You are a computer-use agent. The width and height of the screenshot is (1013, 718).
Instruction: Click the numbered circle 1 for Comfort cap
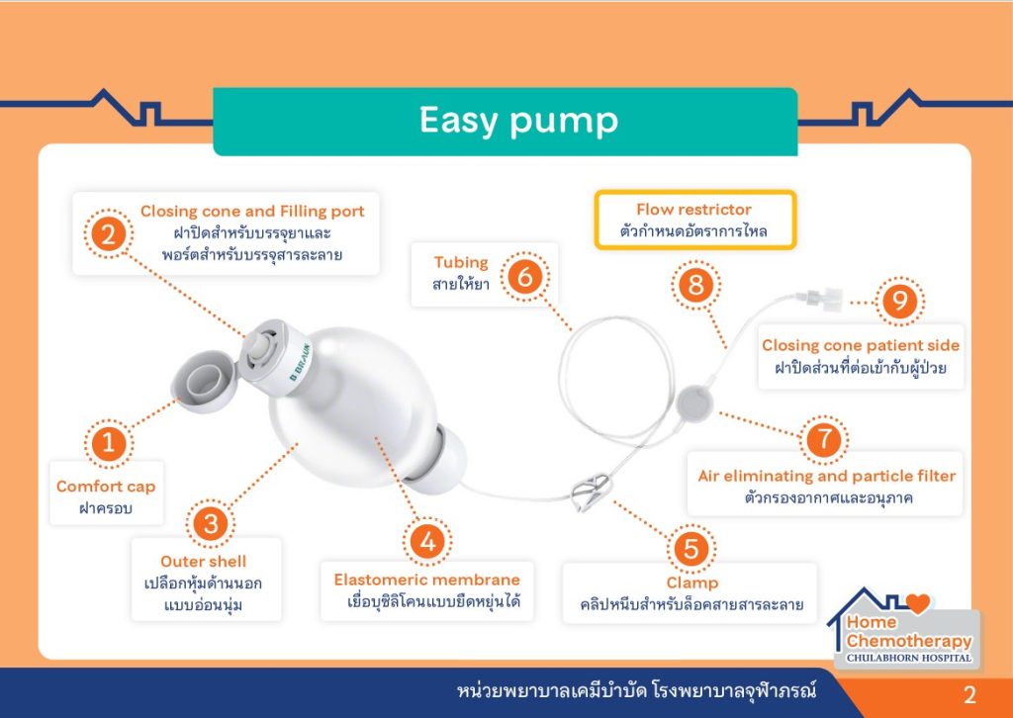pos(108,444)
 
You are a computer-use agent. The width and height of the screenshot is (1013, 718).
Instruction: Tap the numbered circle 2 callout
pos(108,233)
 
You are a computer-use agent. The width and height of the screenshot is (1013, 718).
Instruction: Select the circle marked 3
pos(211,523)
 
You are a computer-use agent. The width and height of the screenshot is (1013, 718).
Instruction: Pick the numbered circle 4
pos(427,541)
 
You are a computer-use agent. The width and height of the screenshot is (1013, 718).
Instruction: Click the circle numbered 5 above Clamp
pos(691,549)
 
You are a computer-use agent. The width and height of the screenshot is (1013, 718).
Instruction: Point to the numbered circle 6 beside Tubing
pos(524,277)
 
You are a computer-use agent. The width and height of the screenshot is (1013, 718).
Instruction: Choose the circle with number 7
pos(824,440)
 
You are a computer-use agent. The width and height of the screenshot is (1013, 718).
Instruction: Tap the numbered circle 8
pos(695,285)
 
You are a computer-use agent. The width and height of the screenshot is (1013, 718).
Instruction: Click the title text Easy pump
pos(518,121)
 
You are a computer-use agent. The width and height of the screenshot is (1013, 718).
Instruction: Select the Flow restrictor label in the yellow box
pos(694,210)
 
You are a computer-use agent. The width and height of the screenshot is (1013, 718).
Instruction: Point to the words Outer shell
pos(204,561)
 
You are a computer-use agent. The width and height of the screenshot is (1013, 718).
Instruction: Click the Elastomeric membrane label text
pos(427,580)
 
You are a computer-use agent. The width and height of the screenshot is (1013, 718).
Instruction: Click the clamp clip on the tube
pos(590,491)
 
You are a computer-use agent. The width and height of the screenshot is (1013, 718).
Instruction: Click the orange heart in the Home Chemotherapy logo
pos(917,603)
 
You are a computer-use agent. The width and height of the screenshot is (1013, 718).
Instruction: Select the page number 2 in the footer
pos(969,695)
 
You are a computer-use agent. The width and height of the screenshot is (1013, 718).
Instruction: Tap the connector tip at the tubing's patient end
pos(819,299)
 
